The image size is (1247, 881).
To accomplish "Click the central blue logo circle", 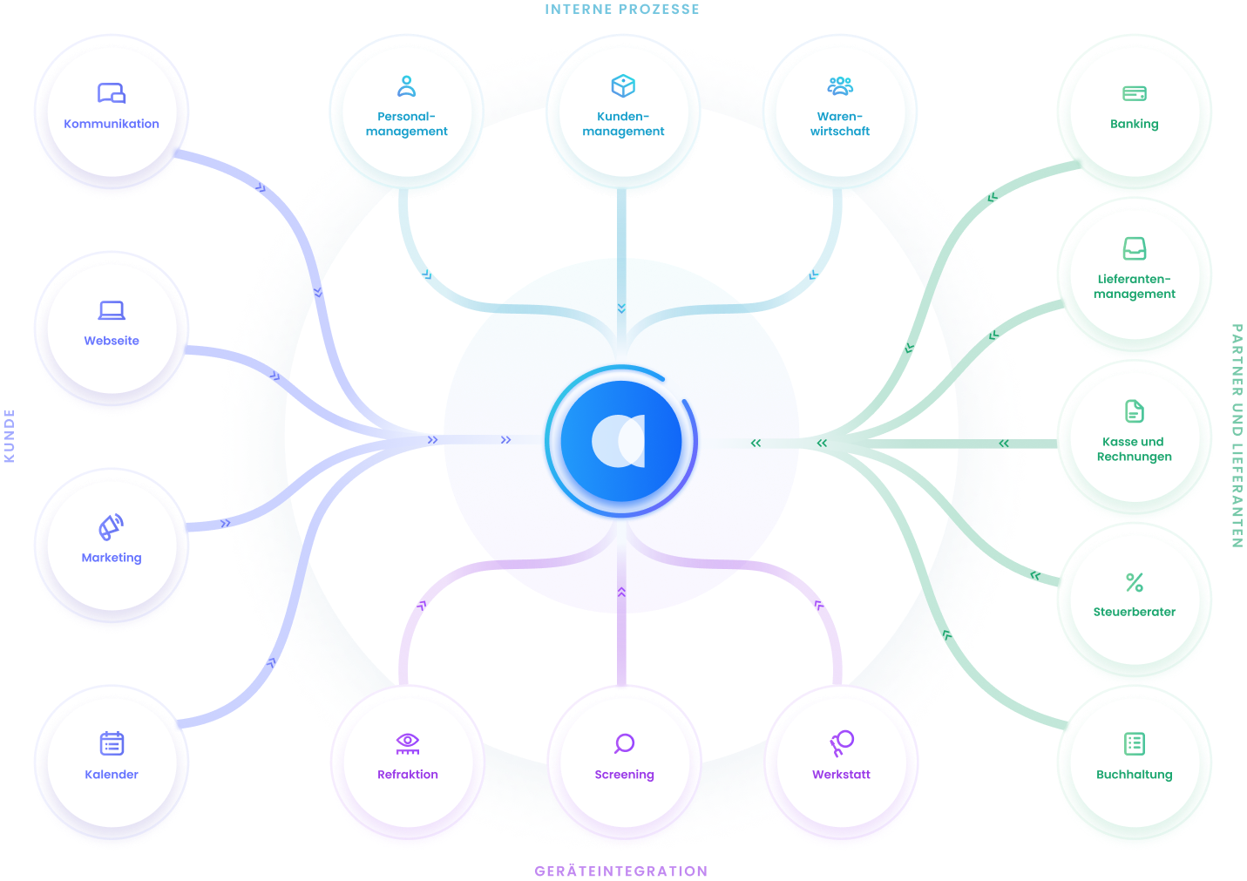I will point(621,441).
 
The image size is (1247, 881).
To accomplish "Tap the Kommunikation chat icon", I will point(112,93).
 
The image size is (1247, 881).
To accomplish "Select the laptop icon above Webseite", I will point(112,310).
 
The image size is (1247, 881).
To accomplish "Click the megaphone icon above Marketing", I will point(111,527).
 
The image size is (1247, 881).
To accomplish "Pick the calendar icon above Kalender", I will point(112,743).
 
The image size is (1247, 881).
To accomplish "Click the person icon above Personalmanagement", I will point(407,86).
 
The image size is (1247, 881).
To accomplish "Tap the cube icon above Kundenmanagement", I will point(623,86).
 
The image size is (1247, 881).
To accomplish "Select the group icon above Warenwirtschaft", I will point(840,86).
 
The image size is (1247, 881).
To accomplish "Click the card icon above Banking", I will point(1135,93).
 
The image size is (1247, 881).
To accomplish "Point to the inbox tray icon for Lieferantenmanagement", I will point(1135,249).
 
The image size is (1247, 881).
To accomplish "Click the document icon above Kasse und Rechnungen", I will point(1135,411).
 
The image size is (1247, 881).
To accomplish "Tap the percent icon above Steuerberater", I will point(1135,582).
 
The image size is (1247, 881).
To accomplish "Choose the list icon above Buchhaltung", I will point(1135,743).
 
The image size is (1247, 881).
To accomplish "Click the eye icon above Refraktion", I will point(408,742).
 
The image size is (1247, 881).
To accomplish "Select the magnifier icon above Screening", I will point(624,743).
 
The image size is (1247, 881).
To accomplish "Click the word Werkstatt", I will point(841,774).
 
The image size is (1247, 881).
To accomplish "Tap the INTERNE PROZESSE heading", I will point(622,9).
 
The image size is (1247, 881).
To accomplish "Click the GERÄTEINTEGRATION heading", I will point(621,871).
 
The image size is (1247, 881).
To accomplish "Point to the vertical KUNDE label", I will point(10,435).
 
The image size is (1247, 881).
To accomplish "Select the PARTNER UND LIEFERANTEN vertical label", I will point(1237,436).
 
